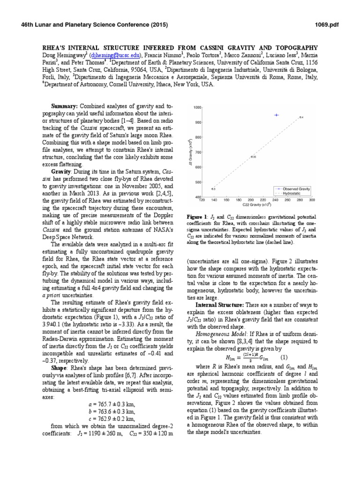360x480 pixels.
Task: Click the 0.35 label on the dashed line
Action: (254, 157)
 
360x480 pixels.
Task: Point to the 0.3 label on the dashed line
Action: (213, 188)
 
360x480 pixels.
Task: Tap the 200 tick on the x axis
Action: (251, 200)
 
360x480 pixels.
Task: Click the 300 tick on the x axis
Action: (312, 200)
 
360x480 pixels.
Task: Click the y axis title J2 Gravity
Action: (188, 152)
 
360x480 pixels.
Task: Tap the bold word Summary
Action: (64, 109)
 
